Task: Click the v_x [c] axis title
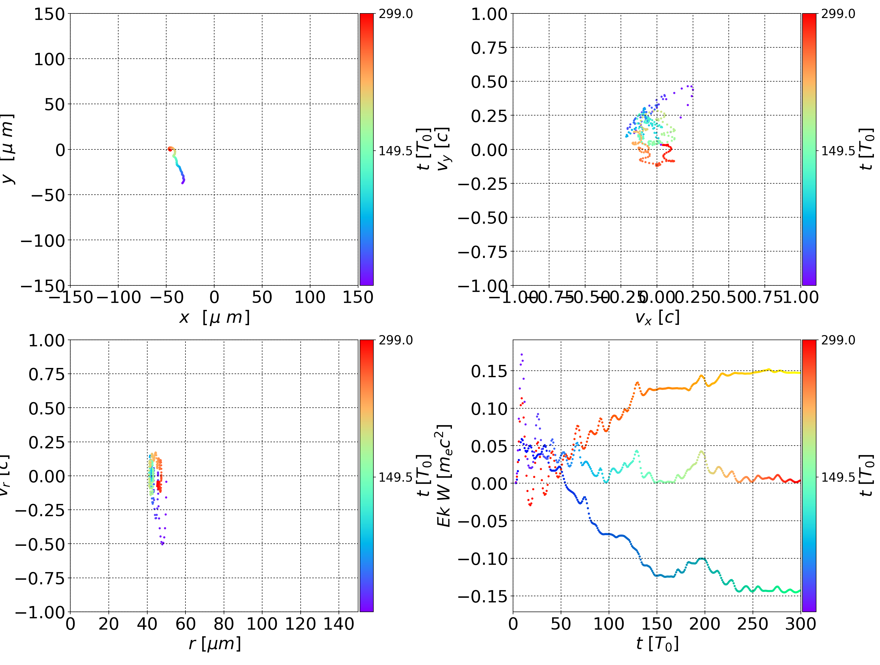tap(657, 318)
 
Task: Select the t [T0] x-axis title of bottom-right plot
tap(657, 644)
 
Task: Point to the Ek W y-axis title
tap(444, 476)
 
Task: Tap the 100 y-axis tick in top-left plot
tap(49, 59)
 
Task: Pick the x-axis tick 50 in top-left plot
tap(262, 297)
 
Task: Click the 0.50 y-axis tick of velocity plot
tap(489, 82)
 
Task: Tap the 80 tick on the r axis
tap(224, 624)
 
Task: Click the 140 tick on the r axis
tap(339, 624)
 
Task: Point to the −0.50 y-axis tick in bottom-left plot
tap(40, 544)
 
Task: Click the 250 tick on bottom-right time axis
tap(752, 624)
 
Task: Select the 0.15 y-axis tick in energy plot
tap(489, 371)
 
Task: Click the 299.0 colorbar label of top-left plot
tap(395, 14)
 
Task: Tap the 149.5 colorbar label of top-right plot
tap(838, 151)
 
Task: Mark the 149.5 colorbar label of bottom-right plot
tap(838, 477)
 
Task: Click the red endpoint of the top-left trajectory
tap(170, 149)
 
